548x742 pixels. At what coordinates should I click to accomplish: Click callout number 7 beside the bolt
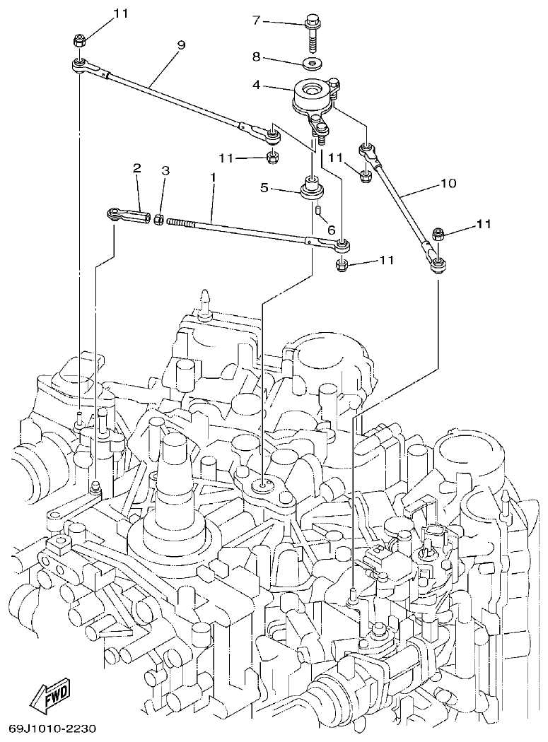pyautogui.click(x=257, y=20)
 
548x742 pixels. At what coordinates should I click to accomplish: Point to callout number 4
pyautogui.click(x=257, y=85)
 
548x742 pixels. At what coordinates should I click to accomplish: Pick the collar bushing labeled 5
pyautogui.click(x=312, y=190)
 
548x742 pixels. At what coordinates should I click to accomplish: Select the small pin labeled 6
pyautogui.click(x=319, y=210)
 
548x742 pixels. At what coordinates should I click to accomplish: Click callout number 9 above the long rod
pyautogui.click(x=182, y=45)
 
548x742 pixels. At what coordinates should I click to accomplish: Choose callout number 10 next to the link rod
pyautogui.click(x=448, y=184)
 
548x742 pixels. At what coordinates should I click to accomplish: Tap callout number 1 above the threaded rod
pyautogui.click(x=212, y=181)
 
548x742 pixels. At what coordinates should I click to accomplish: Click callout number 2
pyautogui.click(x=137, y=168)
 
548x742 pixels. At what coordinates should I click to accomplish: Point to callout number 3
pyautogui.click(x=165, y=170)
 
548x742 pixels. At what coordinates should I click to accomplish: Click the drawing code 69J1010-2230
pyautogui.click(x=52, y=729)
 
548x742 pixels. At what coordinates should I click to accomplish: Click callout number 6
pyautogui.click(x=330, y=230)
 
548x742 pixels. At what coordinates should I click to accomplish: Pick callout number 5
pyautogui.click(x=264, y=188)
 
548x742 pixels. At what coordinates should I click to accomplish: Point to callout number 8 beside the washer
pyautogui.click(x=257, y=56)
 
